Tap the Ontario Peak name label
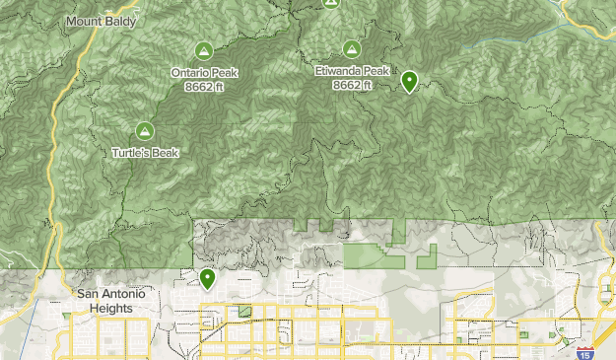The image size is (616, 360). tap(203, 72)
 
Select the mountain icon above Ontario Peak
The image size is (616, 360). tap(203, 50)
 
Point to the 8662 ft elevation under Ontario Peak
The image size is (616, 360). tap(203, 85)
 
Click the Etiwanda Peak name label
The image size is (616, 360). tap(352, 72)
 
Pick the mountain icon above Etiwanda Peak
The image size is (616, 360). tap(352, 48)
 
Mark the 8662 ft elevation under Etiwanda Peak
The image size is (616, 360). tap(352, 85)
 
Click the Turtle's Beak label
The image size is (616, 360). tap(144, 153)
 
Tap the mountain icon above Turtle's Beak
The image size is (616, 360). tap(144, 130)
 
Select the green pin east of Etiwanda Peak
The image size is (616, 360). tap(409, 81)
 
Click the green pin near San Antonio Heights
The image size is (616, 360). tap(207, 278)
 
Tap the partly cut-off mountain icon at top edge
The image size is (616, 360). tap(330, 4)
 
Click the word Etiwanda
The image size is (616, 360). tap(337, 72)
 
